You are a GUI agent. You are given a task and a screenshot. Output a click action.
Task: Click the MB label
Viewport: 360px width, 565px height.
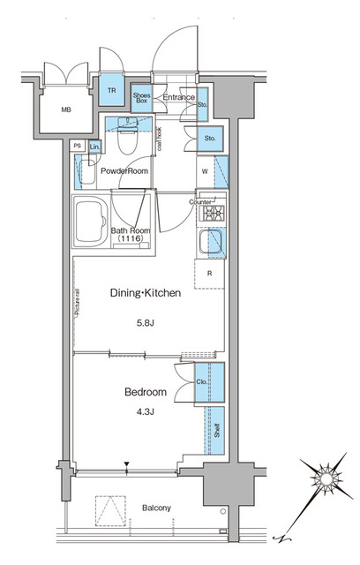click(66, 110)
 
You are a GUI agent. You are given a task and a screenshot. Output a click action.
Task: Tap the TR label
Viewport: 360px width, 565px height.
click(112, 91)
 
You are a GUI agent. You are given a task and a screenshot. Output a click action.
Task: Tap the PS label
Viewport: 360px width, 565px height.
click(78, 146)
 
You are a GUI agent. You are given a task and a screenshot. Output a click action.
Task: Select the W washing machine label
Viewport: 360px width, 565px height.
click(204, 171)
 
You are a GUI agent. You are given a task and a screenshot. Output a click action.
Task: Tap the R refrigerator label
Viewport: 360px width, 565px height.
click(208, 274)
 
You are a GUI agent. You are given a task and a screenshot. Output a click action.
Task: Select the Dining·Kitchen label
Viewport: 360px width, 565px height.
click(146, 292)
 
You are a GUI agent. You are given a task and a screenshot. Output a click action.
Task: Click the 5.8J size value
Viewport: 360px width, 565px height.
click(146, 323)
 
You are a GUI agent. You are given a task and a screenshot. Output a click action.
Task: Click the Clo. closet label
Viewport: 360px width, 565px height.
click(202, 382)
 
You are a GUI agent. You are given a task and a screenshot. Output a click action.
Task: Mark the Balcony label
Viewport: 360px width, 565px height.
click(154, 508)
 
